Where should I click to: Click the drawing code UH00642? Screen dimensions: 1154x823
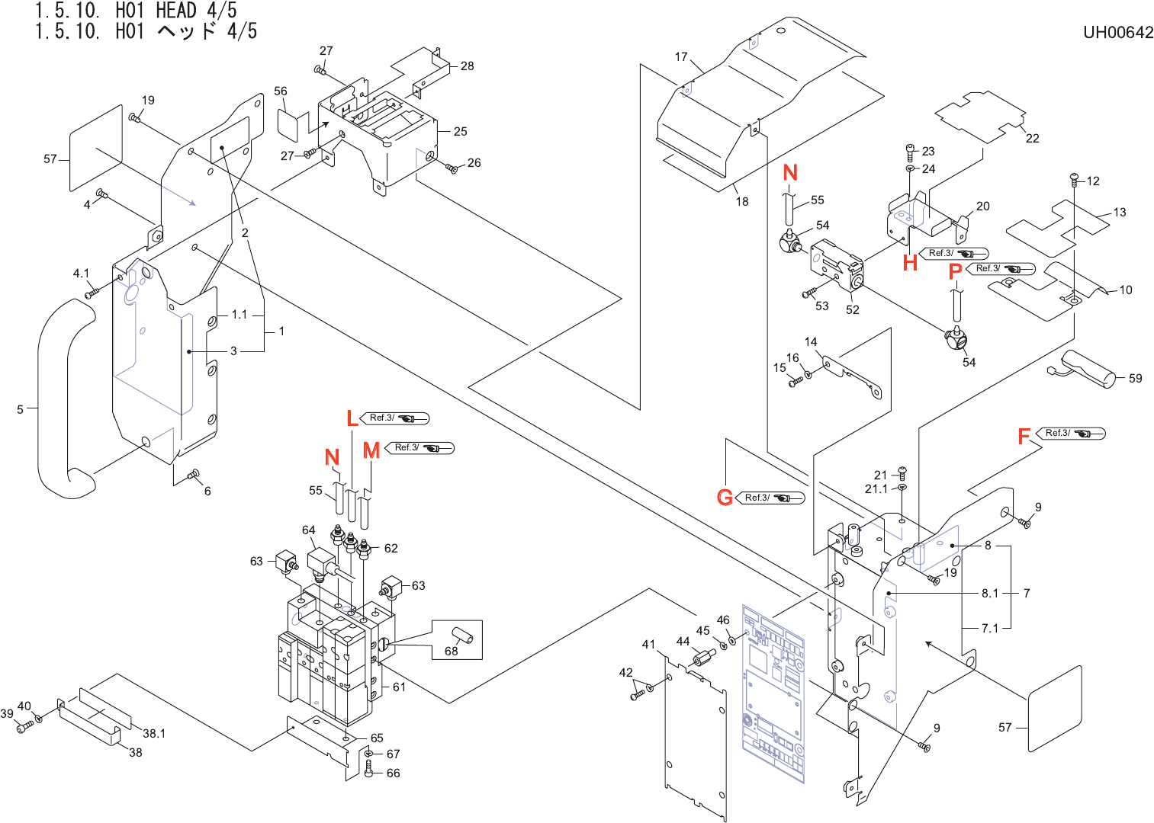click(1118, 33)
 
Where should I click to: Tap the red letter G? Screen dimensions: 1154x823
click(725, 497)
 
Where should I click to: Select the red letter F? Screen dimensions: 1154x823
click(1024, 436)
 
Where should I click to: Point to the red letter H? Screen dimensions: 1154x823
click(911, 263)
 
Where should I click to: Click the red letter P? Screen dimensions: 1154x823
click(956, 271)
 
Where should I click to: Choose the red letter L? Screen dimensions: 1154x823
click(352, 418)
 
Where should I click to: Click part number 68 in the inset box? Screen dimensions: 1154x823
click(452, 651)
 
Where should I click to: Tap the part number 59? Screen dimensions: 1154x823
click(1136, 378)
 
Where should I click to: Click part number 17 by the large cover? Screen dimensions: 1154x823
click(681, 56)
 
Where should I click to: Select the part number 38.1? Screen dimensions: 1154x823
click(154, 733)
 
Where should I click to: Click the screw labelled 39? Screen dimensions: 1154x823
click(24, 727)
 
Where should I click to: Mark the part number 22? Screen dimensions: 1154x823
click(1033, 139)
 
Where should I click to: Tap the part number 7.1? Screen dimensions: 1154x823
click(990, 629)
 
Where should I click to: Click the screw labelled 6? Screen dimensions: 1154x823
click(194, 474)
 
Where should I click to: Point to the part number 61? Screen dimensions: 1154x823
click(399, 687)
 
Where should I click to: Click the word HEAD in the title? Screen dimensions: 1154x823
click(176, 11)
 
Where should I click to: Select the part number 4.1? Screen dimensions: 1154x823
click(81, 274)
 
